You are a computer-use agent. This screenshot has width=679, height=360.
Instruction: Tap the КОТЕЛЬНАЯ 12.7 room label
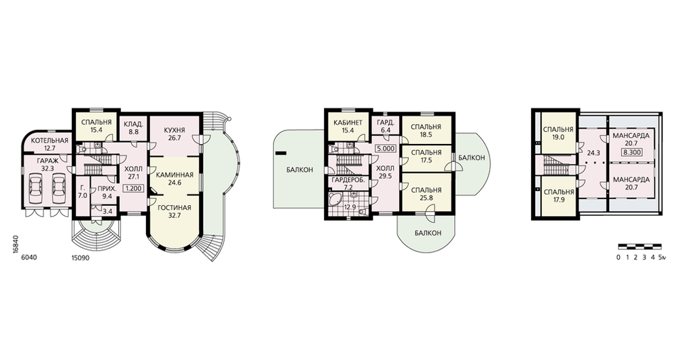coord(50,144)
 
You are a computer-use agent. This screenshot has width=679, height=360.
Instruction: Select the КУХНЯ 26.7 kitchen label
coord(175,134)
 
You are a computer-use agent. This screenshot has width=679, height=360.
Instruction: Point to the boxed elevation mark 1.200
coord(133,188)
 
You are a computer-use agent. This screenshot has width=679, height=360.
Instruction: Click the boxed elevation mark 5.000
coord(386,148)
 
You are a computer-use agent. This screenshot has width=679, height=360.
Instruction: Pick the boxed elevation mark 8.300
coord(632,153)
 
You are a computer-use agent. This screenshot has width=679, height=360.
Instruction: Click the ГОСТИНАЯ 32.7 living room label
coord(174,211)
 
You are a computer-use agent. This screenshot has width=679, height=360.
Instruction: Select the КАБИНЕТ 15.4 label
coord(348,126)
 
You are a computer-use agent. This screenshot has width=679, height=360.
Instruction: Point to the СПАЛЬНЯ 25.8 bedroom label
coord(426,193)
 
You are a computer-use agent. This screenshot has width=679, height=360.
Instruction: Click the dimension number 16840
coord(15,245)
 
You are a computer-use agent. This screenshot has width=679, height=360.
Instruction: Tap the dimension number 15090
coord(81,257)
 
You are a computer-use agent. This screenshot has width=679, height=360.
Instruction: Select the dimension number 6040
coord(29,257)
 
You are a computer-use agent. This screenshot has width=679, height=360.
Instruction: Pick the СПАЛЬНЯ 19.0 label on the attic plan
coord(558,133)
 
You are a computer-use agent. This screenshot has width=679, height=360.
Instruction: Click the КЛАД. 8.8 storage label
coord(133,128)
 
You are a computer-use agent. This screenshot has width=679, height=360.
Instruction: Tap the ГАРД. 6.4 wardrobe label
coord(385,126)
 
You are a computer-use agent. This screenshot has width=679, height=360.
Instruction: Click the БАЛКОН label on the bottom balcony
coord(428,233)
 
